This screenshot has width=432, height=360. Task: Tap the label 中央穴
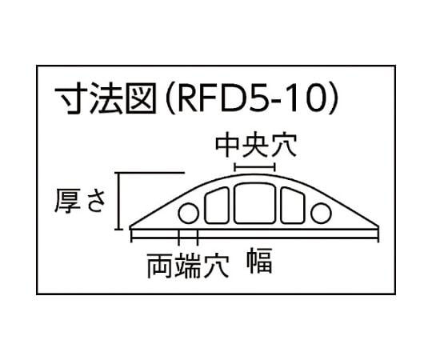pos(256,145)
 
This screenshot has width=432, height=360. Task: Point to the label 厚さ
pos(80,201)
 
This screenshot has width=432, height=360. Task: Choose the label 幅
pos(259,261)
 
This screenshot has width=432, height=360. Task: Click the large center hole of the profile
pos(254,203)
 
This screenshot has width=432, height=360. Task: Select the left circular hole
pos(189,213)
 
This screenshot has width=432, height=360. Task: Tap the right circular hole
pos(321,213)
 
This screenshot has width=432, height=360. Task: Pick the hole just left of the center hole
pos(217,206)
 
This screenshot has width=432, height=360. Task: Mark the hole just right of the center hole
pos(293,206)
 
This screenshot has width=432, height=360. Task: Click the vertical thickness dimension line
pos(119,201)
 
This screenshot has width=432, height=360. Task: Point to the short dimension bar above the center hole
pos(254,167)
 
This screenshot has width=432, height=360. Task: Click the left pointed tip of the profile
pos(130,228)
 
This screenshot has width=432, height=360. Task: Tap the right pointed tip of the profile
pos(379,228)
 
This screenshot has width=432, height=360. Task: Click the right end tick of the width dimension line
pos(379,237)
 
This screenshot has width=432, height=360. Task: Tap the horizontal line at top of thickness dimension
pos(150,173)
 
